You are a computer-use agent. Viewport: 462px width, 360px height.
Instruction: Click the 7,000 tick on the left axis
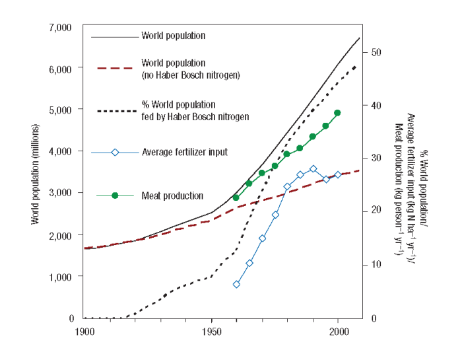click(61, 27)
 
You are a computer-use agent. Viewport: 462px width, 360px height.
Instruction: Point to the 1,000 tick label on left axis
click(61, 277)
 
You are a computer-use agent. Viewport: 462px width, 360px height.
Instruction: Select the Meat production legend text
click(172, 196)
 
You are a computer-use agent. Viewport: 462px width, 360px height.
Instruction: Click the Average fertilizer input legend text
click(184, 152)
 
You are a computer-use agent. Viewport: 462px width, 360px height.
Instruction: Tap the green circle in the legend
click(115, 196)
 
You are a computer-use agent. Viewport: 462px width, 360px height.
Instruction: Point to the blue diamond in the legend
click(115, 152)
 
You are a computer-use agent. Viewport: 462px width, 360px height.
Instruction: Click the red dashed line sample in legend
click(115, 68)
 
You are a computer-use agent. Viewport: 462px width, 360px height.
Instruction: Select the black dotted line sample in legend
click(115, 110)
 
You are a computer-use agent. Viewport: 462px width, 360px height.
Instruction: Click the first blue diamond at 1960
click(236, 284)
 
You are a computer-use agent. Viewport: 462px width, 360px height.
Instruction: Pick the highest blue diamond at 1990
click(313, 169)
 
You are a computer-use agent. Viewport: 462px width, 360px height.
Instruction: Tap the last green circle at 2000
click(337, 113)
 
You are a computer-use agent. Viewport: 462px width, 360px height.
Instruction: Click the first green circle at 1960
click(236, 198)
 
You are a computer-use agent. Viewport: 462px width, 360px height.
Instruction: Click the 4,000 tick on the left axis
click(61, 152)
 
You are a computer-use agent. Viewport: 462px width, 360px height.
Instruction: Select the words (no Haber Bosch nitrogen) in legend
click(190, 75)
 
